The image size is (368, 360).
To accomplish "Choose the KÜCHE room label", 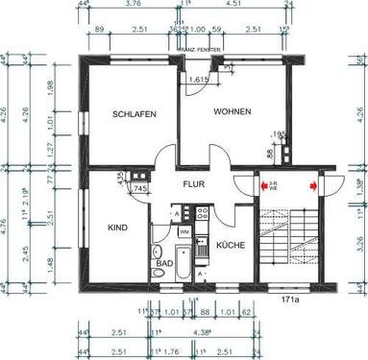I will pyautogui.click(x=232, y=245).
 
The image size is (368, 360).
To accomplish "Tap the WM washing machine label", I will pyautogui.click(x=184, y=231).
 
